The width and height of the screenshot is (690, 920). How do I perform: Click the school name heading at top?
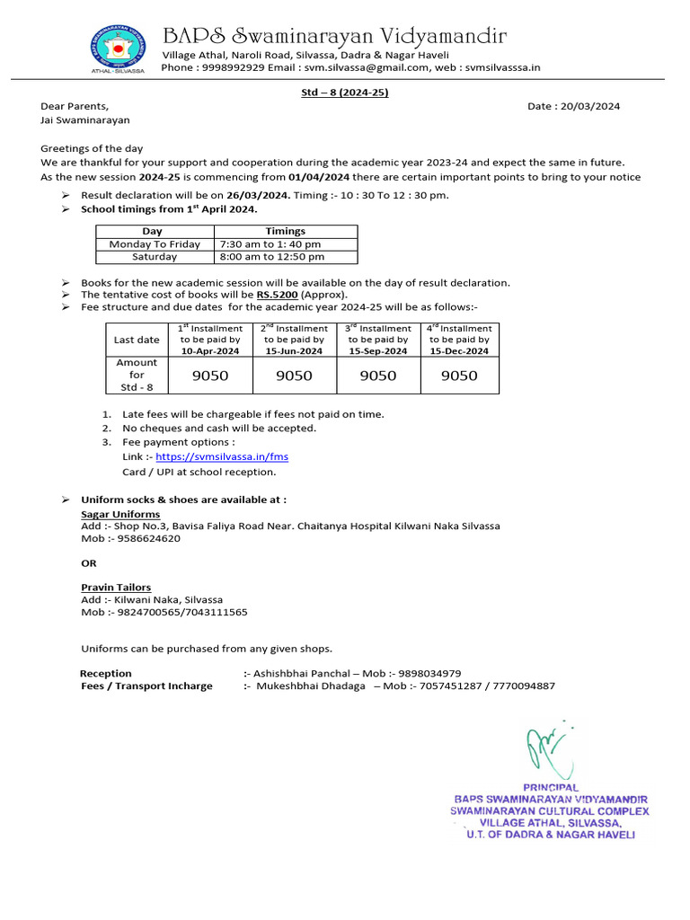click(334, 36)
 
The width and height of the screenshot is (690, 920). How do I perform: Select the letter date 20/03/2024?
click(588, 106)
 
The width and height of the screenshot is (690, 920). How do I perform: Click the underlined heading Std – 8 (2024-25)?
click(345, 92)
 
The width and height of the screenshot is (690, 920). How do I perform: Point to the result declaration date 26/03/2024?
click(258, 195)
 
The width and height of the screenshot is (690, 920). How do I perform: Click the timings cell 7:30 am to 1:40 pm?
click(270, 244)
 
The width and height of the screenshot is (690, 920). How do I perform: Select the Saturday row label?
click(155, 257)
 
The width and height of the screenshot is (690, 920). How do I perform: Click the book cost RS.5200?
click(277, 295)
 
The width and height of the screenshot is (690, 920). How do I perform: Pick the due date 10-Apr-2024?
click(210, 351)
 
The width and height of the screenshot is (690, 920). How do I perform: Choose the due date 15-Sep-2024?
click(378, 351)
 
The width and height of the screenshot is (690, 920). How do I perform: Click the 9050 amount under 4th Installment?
click(459, 376)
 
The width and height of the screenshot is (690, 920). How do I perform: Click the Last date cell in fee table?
click(137, 340)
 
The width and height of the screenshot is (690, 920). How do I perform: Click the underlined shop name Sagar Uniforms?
click(120, 513)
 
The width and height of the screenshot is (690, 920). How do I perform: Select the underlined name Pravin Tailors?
click(116, 587)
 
